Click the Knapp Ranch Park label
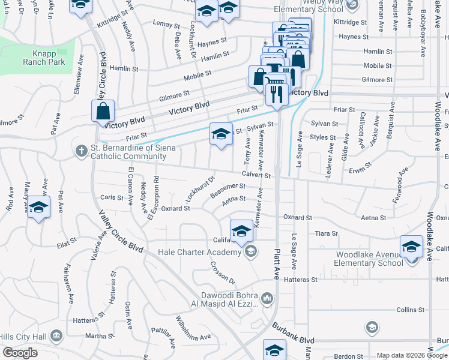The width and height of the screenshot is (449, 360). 40,57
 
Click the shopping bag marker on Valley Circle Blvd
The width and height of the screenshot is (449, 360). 103,110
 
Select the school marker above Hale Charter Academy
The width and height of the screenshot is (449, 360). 241,230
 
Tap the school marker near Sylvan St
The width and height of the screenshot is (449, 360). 221,133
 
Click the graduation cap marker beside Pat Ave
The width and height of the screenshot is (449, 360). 39,207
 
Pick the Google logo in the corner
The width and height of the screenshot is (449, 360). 20,353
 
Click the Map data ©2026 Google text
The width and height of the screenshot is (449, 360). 411,355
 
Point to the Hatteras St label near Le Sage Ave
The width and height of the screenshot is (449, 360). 300,280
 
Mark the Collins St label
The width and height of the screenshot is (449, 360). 411,310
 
